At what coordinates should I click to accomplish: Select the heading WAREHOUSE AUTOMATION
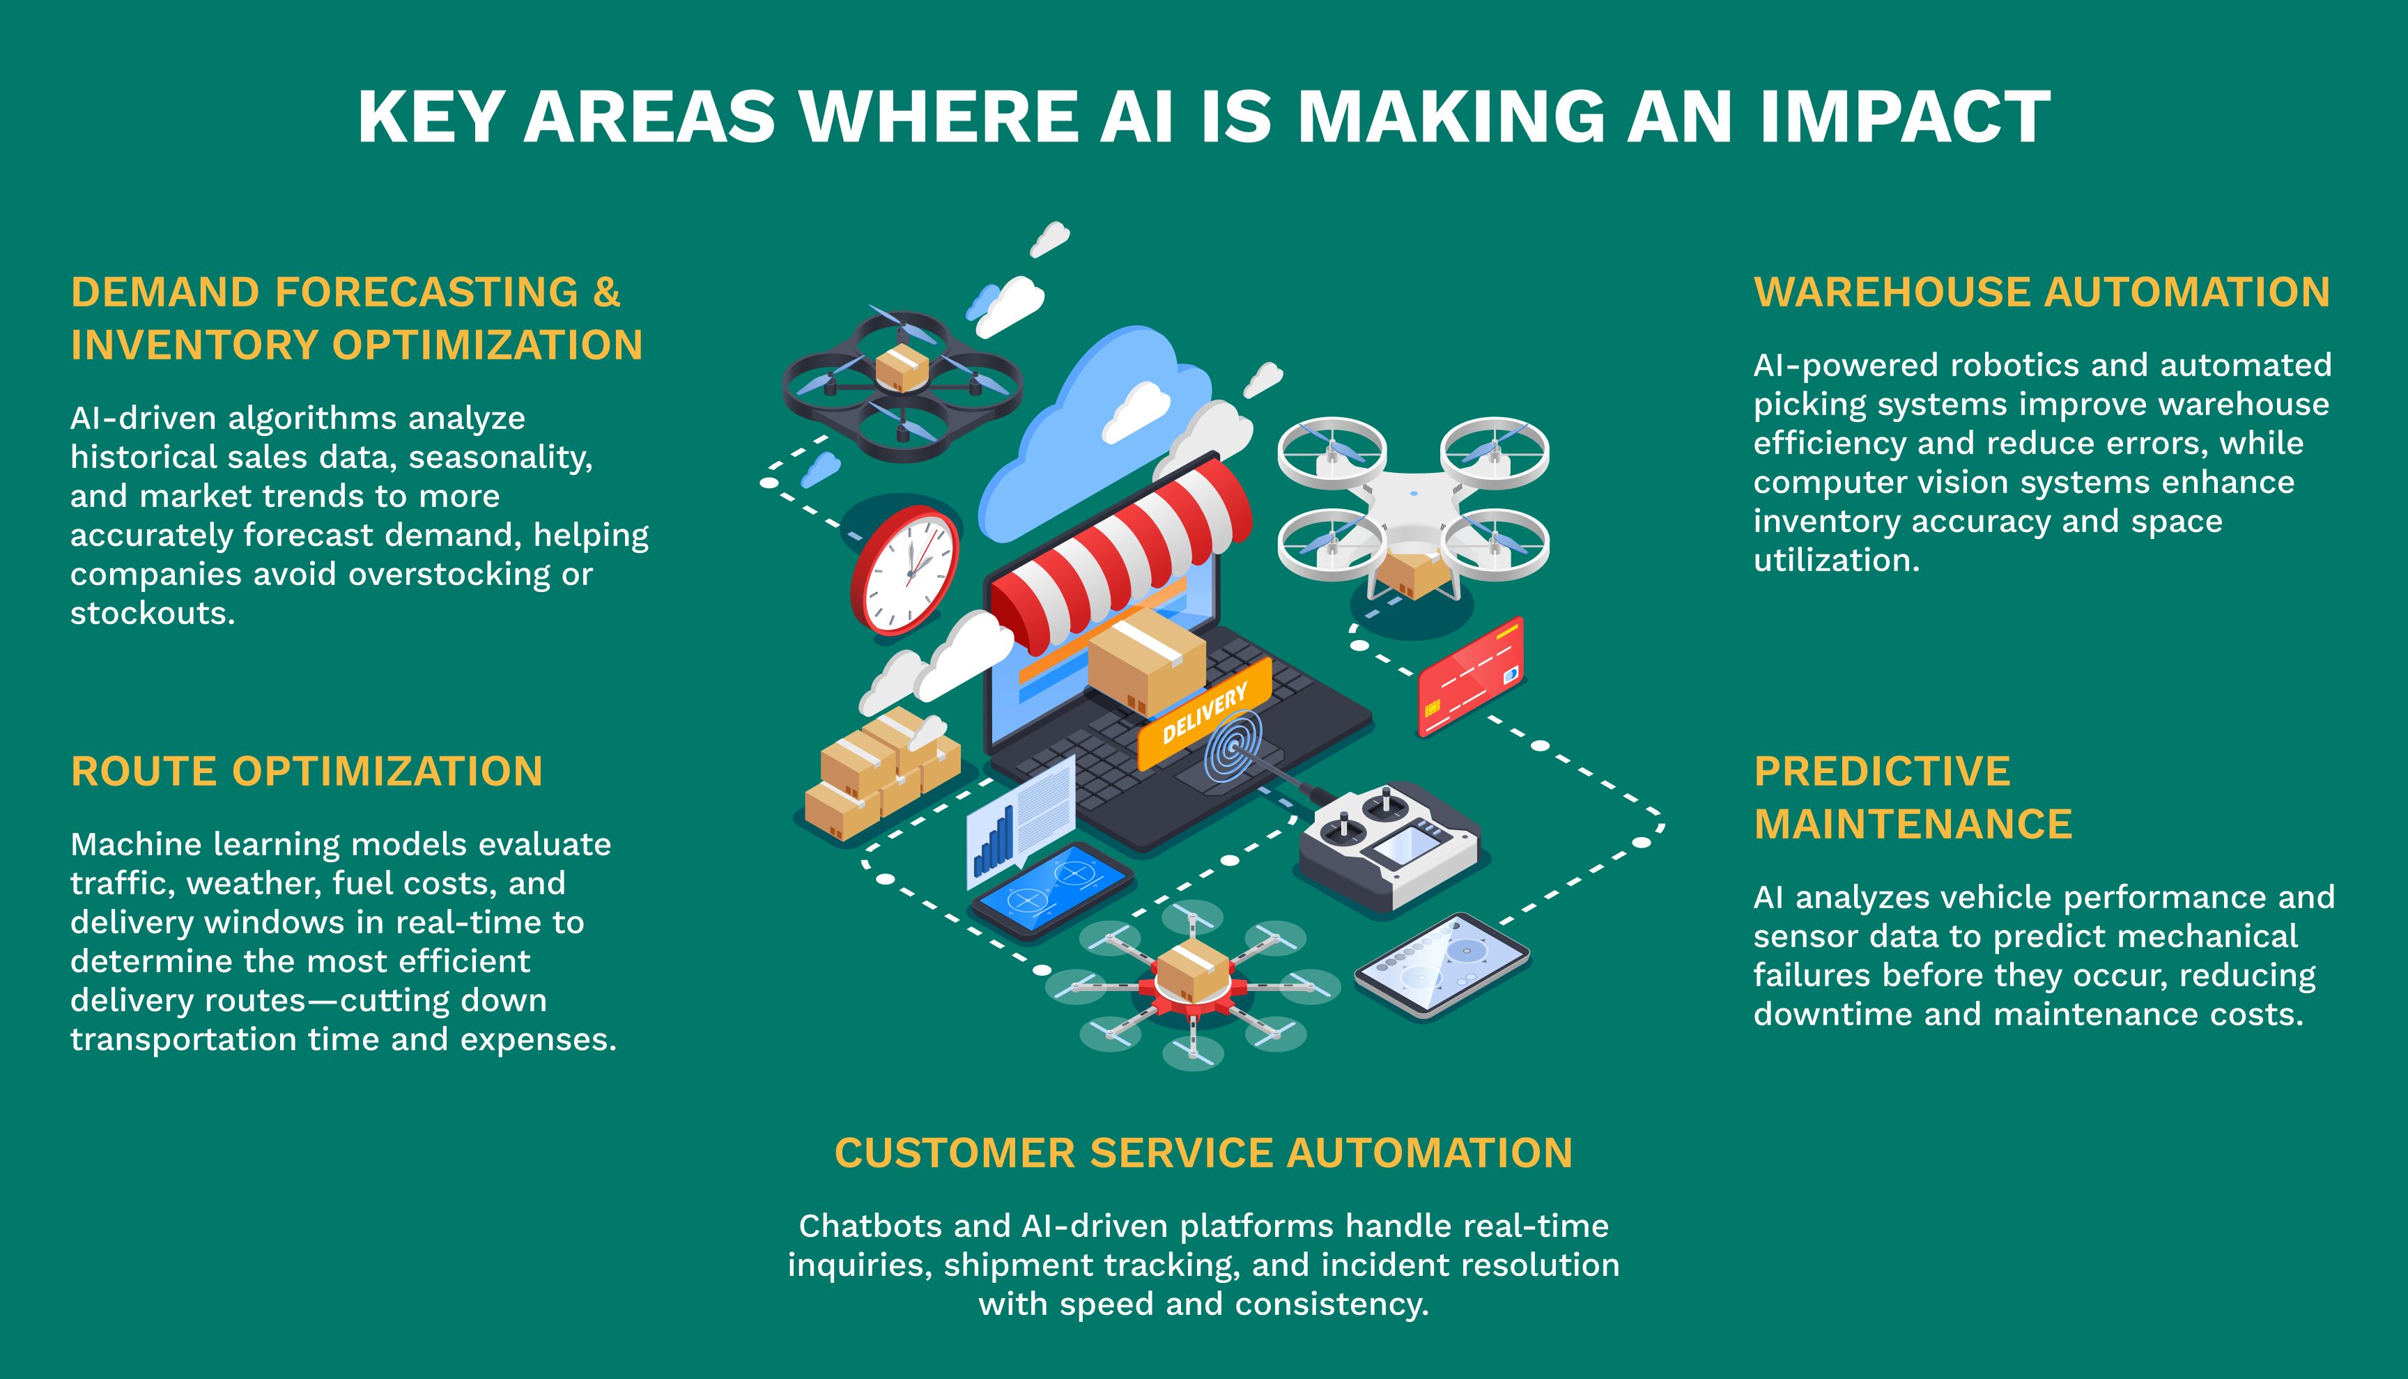point(2042,292)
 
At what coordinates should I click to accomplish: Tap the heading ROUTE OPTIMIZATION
point(307,771)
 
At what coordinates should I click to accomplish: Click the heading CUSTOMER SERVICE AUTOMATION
point(1203,1153)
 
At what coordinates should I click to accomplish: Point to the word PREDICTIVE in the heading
point(1881,771)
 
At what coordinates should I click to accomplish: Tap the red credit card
point(1470,676)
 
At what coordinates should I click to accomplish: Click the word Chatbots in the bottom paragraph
point(870,1226)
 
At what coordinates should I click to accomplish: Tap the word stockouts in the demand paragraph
point(152,613)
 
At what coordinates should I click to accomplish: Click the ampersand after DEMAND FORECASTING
point(606,292)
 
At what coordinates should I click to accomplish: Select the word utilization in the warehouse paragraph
point(1835,560)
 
